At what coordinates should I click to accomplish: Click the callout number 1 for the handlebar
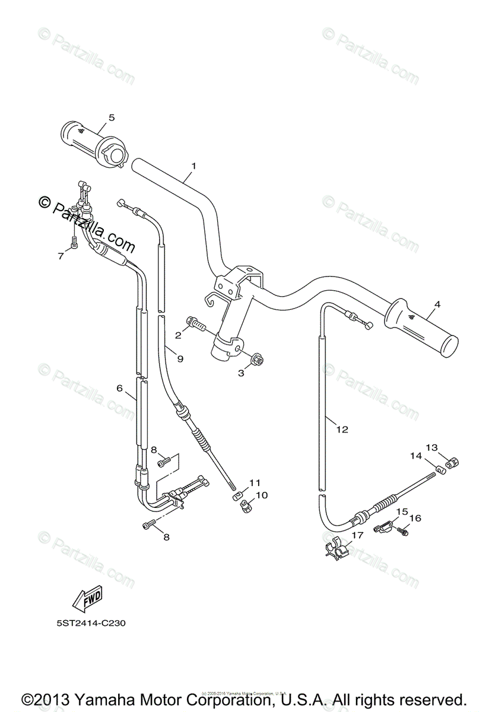tap(193, 166)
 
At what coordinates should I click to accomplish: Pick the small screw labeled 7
tap(72, 243)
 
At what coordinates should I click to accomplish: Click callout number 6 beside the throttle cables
tap(119, 388)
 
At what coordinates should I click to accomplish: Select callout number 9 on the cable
tap(180, 358)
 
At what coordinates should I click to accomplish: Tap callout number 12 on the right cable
tap(342, 429)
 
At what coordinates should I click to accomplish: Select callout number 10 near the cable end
tap(262, 494)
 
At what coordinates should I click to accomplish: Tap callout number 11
tap(254, 482)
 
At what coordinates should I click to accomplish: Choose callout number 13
tap(448, 447)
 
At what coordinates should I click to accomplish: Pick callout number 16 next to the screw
tap(415, 518)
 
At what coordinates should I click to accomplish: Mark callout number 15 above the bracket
tap(402, 511)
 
